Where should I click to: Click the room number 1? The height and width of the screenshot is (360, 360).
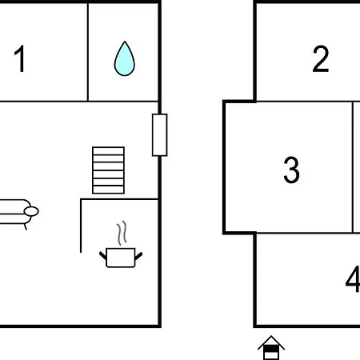pos(19,58)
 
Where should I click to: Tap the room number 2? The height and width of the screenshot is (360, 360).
pos(321,58)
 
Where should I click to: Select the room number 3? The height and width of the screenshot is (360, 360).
pos(291,170)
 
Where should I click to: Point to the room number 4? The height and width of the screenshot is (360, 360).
pos(353,279)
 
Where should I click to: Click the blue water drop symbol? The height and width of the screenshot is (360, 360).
pos(125,59)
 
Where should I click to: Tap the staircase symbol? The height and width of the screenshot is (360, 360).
pos(108,170)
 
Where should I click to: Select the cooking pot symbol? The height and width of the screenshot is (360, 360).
pos(121,258)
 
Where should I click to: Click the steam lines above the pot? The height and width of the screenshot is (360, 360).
pos(122,233)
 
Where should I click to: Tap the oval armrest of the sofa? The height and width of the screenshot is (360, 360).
pos(31,211)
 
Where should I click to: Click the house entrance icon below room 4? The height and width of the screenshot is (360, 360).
pos(271,348)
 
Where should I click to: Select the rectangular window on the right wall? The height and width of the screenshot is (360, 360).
pos(160,135)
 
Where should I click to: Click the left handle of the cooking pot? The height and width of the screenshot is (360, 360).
pos(103,255)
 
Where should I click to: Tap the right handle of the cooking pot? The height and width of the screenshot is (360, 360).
pos(138,256)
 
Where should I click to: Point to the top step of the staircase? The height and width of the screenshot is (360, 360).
pos(108,150)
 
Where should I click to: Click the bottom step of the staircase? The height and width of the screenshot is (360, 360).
pos(108,190)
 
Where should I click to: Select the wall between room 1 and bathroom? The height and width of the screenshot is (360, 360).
pos(88,52)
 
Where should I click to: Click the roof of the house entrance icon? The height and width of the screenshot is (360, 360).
pos(271,342)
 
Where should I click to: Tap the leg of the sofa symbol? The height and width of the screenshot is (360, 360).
pos(26,227)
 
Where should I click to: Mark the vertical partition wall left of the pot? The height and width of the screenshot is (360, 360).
pos(81,226)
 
